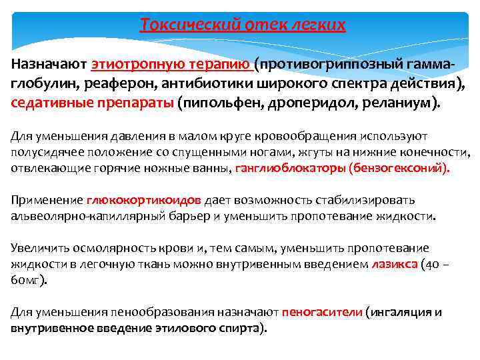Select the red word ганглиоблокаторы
point(289,168)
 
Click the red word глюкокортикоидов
point(143,200)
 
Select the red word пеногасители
point(323,312)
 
